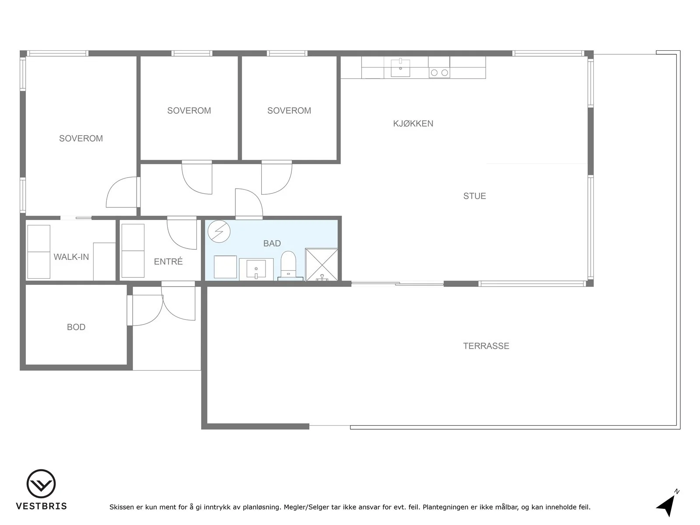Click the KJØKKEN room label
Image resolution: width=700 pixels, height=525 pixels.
pyautogui.click(x=413, y=124)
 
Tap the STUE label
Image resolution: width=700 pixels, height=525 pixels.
pyautogui.click(x=475, y=196)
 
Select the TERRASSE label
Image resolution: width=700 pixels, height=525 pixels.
pyautogui.click(x=486, y=346)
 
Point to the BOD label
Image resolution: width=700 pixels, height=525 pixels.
pyautogui.click(x=76, y=327)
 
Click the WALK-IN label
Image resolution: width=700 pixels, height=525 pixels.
pyautogui.click(x=71, y=257)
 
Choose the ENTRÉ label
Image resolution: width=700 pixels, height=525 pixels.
pyautogui.click(x=168, y=261)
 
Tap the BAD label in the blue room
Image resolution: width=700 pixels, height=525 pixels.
pyautogui.click(x=272, y=244)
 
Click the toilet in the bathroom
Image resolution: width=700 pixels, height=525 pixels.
pyautogui.click(x=288, y=265)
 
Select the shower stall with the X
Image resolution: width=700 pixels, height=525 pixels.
pyautogui.click(x=322, y=265)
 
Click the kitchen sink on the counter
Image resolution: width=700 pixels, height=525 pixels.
pyautogui.click(x=401, y=67)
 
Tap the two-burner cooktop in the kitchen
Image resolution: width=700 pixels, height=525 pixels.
pyautogui.click(x=439, y=73)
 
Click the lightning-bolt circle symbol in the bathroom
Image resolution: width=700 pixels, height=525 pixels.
pyautogui.click(x=219, y=231)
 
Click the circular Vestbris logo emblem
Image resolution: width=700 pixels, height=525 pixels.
pyautogui.click(x=41, y=483)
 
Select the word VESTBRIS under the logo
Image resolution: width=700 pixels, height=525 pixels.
pyautogui.click(x=42, y=506)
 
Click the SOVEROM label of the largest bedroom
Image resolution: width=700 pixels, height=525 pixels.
pyautogui.click(x=81, y=138)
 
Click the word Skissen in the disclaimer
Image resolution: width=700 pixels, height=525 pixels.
pyautogui.click(x=122, y=507)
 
